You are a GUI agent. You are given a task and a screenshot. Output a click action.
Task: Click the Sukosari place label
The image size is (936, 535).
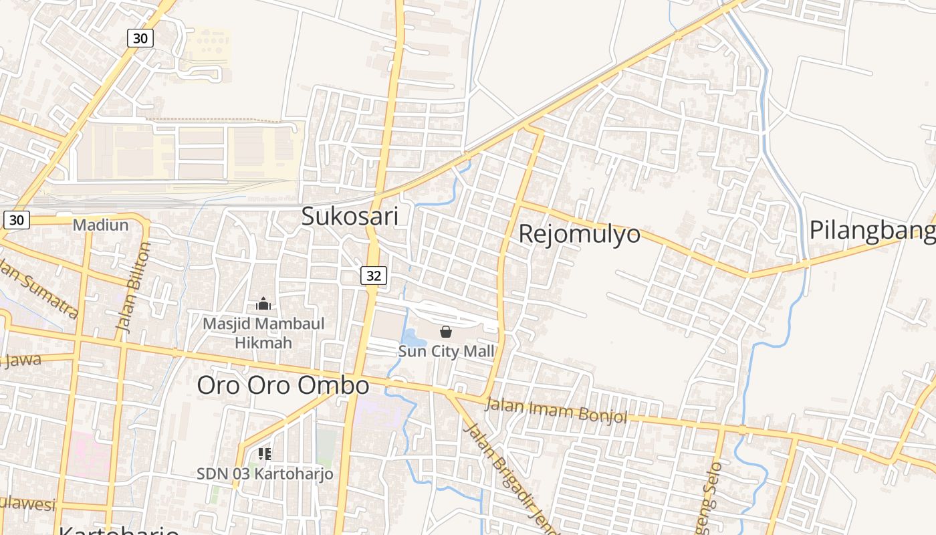[x=350, y=216]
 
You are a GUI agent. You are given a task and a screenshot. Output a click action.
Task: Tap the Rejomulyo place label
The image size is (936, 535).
[x=579, y=233]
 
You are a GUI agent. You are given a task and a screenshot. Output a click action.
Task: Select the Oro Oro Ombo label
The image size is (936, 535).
[x=283, y=385]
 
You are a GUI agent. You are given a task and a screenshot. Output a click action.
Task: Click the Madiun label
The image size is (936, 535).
[x=100, y=225]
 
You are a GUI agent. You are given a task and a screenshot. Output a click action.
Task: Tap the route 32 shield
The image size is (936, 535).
[x=374, y=275]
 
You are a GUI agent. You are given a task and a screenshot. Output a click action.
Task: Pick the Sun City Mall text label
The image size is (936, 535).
[x=447, y=351]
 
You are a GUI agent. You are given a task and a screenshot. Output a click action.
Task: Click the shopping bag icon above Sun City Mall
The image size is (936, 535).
[x=446, y=332]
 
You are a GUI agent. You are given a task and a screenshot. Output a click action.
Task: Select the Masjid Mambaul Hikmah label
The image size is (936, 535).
[x=263, y=333]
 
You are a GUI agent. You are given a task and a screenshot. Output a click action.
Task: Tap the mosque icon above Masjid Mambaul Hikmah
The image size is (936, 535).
[x=263, y=304]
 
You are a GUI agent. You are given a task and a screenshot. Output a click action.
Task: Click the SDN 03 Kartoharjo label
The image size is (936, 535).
[x=265, y=473]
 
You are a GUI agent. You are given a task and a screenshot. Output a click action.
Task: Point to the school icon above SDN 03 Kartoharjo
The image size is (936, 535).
[x=265, y=455]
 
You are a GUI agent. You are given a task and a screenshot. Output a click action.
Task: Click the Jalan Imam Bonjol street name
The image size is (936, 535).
[x=556, y=410]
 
